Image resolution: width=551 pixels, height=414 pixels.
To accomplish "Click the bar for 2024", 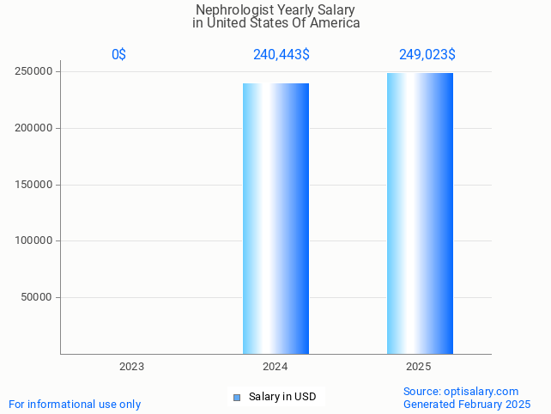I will point(275,218).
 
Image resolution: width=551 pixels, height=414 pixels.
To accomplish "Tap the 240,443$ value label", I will point(282,55).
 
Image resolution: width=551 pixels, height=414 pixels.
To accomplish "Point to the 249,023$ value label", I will point(427,55).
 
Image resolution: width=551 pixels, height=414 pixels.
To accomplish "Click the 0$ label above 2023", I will point(119,55).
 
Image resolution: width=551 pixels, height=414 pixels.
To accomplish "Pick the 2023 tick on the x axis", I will point(131,367).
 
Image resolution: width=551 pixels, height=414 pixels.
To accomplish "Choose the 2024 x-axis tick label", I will point(275,367).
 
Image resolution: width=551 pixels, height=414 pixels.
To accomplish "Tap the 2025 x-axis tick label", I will point(419,367).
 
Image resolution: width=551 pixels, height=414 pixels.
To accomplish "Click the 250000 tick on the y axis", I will point(35,71).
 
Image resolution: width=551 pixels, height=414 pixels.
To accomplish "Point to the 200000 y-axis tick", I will point(35,128).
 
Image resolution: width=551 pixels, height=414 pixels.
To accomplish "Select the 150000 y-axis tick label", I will point(35,185).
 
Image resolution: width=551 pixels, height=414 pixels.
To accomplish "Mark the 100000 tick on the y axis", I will point(35,240).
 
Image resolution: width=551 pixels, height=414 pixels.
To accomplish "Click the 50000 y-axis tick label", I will point(38,297).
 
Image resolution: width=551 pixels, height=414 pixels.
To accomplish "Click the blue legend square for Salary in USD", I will point(238,397).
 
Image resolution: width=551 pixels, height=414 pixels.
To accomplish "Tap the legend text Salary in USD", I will point(282,397).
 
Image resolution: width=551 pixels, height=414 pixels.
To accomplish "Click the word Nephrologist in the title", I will point(228,10).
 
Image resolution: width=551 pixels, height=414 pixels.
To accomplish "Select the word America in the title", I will point(335,23).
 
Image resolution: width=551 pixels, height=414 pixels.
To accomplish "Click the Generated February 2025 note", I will point(467,405).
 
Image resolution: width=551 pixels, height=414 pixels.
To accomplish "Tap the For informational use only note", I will point(75,405).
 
